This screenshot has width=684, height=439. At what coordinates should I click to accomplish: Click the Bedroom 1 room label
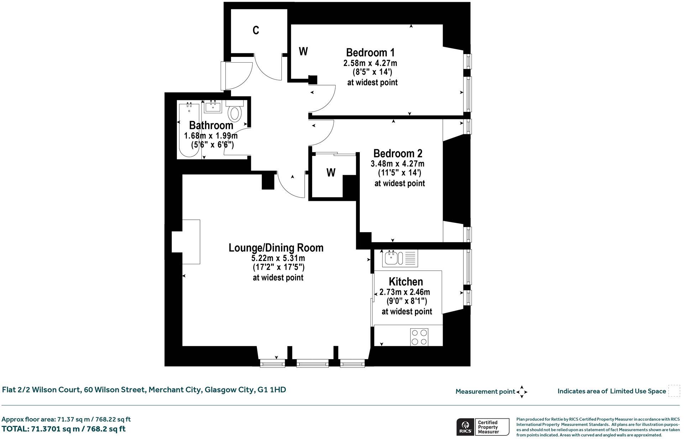coord(370,53)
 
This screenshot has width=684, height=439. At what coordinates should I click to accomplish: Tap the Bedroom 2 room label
coord(398,153)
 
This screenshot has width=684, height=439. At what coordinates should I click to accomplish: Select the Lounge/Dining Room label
coord(276,248)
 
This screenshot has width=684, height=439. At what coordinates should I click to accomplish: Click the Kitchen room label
coord(406,282)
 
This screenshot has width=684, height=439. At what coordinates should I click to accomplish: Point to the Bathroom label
coord(211,125)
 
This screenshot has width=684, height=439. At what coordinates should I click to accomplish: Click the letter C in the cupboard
coord(256,31)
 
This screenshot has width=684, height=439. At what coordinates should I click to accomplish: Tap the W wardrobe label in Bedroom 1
coord(303,52)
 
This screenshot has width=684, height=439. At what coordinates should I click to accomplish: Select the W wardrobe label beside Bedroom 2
coord(331,173)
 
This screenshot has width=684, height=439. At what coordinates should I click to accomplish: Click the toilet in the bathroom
coord(235,113)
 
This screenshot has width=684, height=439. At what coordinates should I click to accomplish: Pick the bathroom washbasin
coord(213,107)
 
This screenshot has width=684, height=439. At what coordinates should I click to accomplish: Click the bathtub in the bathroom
coord(189,130)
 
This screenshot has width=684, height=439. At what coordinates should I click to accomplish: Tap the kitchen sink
coord(391,258)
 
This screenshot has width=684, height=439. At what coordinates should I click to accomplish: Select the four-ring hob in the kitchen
coord(419,337)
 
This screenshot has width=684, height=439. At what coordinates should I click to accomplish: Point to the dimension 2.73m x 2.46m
coord(405,292)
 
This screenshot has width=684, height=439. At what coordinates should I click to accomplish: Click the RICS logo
coord(465,427)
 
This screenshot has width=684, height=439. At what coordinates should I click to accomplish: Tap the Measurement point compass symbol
coord(522,392)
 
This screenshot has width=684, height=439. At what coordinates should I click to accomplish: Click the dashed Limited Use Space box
coord(674,391)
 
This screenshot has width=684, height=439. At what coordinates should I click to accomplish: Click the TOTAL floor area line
coord(64,429)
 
